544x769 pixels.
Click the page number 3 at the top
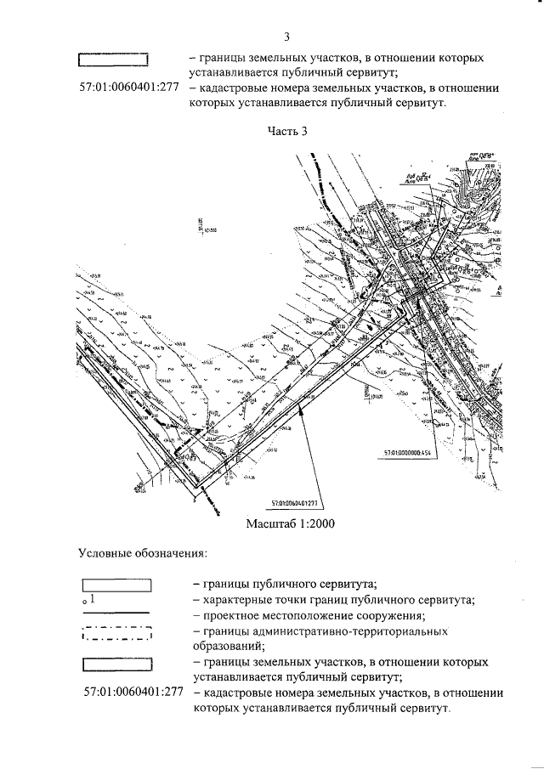pos(286,37)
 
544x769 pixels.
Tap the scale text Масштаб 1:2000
pos(286,523)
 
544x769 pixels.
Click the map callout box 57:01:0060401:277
pos(299,502)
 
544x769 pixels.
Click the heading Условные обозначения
pos(143,553)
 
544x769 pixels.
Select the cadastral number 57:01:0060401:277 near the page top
pos(131,88)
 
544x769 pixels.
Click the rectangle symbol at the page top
pos(113,60)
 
